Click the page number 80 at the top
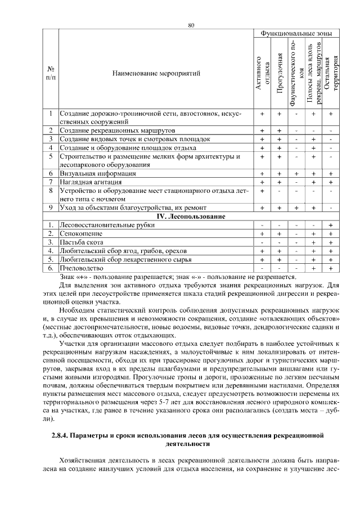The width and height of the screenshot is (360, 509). coord(191,25)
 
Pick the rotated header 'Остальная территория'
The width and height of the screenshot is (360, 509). coord(331,73)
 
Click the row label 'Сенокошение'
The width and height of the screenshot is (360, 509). coord(82,233)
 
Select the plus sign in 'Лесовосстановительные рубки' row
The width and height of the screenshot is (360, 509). coord(331,225)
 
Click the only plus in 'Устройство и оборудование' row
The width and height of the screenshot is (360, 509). coord(262,191)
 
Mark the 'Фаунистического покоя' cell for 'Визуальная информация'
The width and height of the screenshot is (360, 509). coord(296,174)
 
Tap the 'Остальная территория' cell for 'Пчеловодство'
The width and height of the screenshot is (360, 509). coord(331,268)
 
